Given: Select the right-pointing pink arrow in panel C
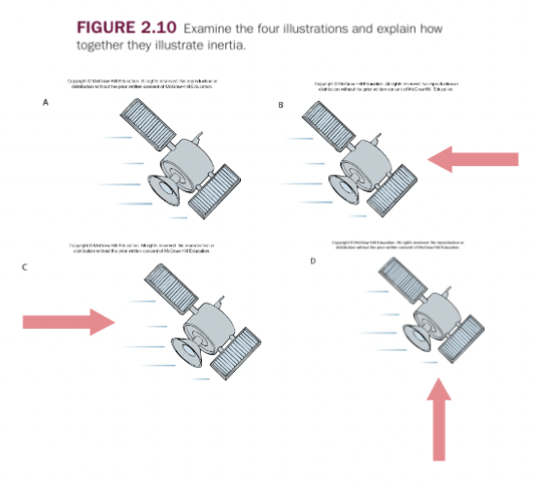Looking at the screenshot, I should pos(67,320).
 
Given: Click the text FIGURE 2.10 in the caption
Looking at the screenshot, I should pos(123,28).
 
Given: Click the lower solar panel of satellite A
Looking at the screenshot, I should pos(218,191).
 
